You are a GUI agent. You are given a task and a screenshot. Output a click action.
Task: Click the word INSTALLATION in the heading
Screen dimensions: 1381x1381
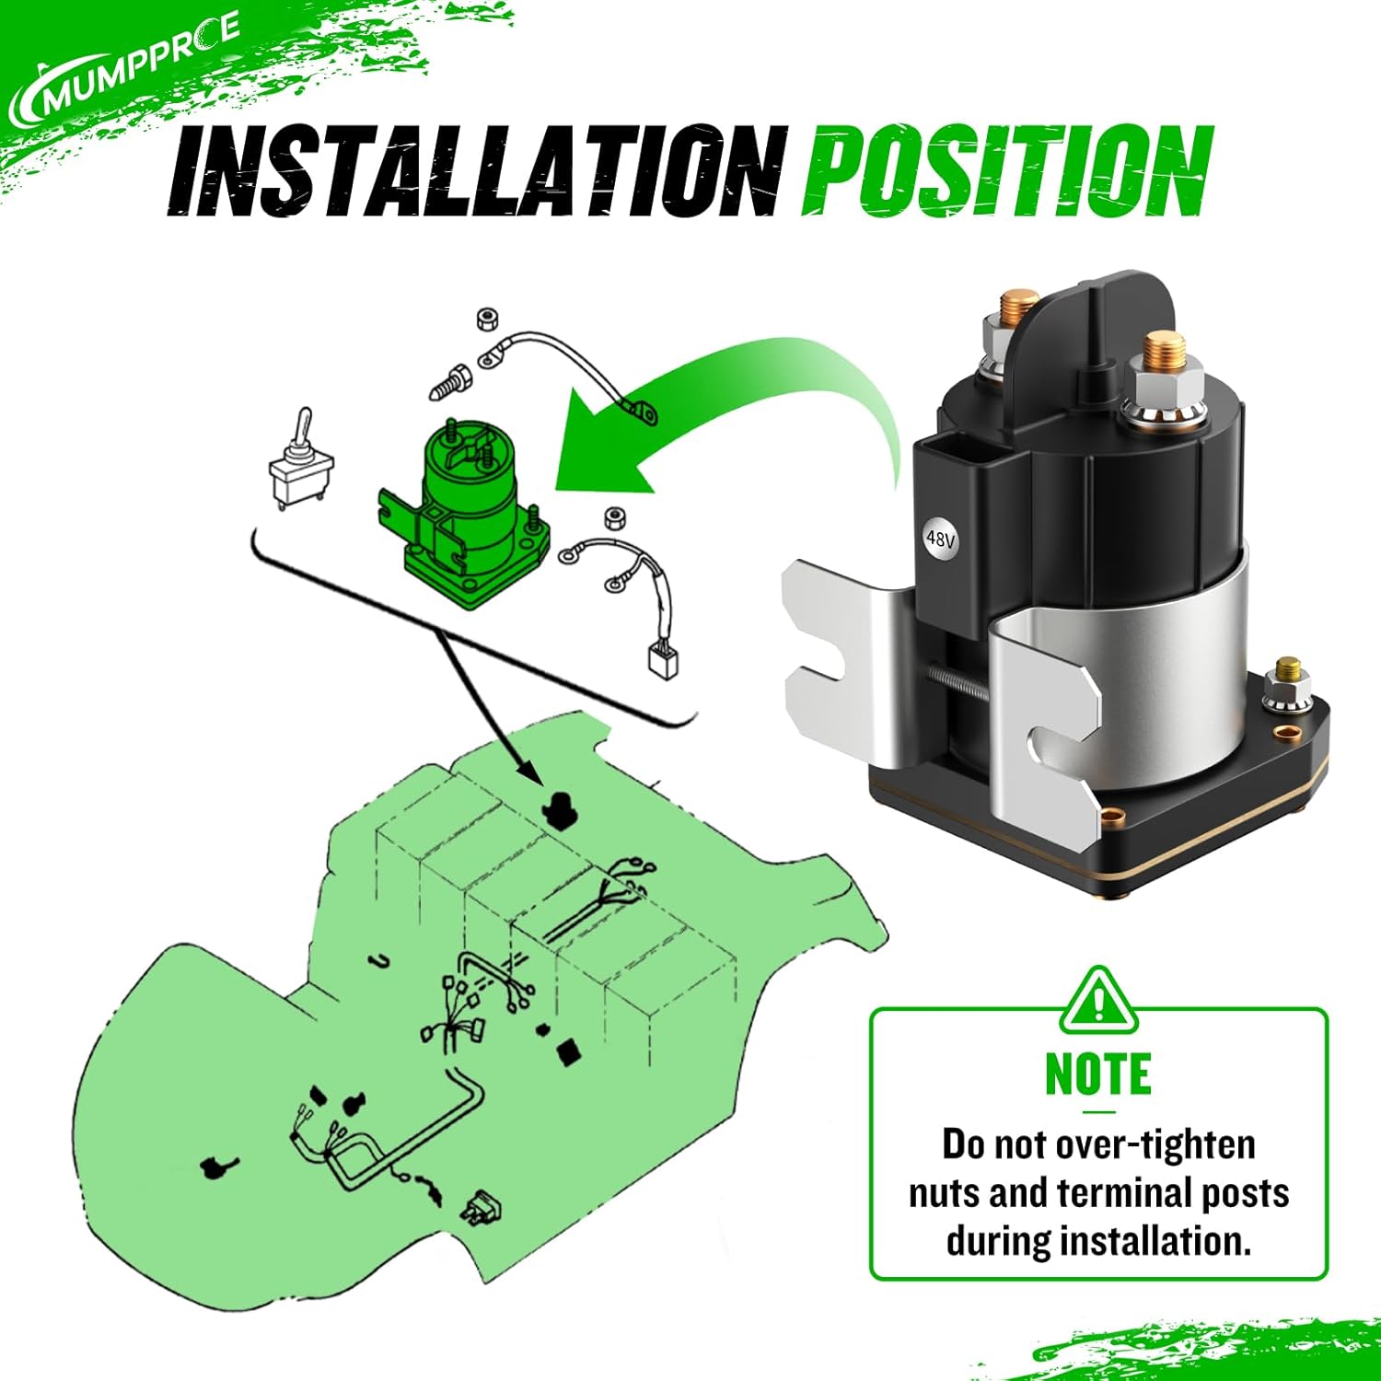[474, 172]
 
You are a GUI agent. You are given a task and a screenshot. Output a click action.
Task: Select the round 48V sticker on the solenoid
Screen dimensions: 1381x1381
[940, 539]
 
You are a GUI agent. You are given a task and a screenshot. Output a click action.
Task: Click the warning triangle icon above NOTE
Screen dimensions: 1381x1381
[1098, 1002]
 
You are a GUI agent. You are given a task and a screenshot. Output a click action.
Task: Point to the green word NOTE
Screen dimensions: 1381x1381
[1097, 1074]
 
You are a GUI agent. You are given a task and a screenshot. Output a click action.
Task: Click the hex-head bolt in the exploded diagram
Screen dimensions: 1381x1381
[450, 380]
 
